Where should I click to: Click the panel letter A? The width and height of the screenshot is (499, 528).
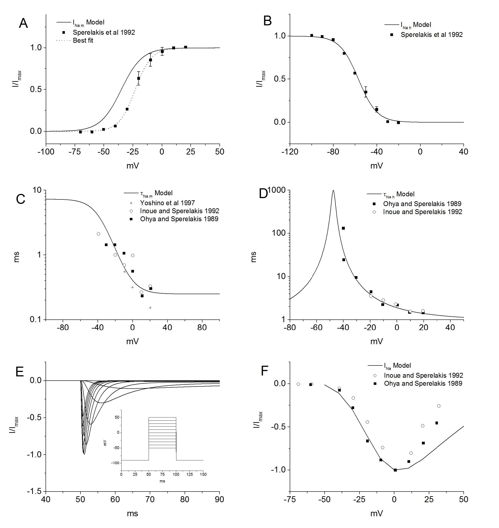coord(23,23)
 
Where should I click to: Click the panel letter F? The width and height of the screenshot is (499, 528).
coord(264,371)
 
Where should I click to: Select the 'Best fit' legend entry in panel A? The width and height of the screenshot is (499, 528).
coord(83,40)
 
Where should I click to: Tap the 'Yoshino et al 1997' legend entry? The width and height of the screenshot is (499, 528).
coord(167,203)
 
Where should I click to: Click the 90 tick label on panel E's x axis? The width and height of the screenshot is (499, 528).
coord(220,499)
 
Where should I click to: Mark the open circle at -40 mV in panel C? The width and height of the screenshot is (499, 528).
coord(98,234)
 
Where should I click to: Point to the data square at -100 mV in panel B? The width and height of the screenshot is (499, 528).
coord(311,35)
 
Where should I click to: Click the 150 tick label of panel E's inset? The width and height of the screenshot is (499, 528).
coord(203,474)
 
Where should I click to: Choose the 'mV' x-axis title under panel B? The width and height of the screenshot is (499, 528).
coord(376,166)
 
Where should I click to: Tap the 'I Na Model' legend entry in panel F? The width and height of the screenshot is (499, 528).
coord(397,366)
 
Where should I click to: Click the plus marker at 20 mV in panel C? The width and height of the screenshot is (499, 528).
coord(150,308)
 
